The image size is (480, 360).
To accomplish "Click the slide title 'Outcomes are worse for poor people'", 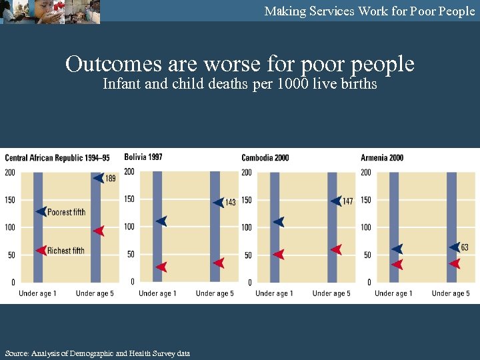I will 240,64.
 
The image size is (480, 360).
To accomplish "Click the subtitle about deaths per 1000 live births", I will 240,84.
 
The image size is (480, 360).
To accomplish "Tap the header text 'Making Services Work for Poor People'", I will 369,11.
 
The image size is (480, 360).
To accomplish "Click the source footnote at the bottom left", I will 97,353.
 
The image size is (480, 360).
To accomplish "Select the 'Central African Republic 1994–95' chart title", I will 57,158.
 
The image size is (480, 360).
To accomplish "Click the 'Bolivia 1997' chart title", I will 143,157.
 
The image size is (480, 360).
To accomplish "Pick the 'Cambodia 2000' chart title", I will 265,158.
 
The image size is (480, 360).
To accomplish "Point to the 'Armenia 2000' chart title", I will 382,158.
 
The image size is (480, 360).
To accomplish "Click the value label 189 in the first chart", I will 110,178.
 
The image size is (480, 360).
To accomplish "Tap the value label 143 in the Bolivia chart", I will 230,202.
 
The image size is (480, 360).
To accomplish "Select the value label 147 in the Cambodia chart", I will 347,201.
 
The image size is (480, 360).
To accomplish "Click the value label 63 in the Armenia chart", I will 464,247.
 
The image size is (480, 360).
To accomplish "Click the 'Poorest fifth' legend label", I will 66,212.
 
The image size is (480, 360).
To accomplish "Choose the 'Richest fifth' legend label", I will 65,251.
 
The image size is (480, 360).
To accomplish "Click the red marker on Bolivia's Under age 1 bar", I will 161,267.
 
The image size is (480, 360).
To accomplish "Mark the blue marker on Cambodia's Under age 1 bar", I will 279,222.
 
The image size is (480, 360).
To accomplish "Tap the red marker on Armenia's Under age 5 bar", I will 455,263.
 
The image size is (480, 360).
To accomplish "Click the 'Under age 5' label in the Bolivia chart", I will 215,293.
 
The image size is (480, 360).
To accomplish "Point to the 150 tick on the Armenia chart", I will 366,200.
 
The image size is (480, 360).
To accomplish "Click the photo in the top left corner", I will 50,11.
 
